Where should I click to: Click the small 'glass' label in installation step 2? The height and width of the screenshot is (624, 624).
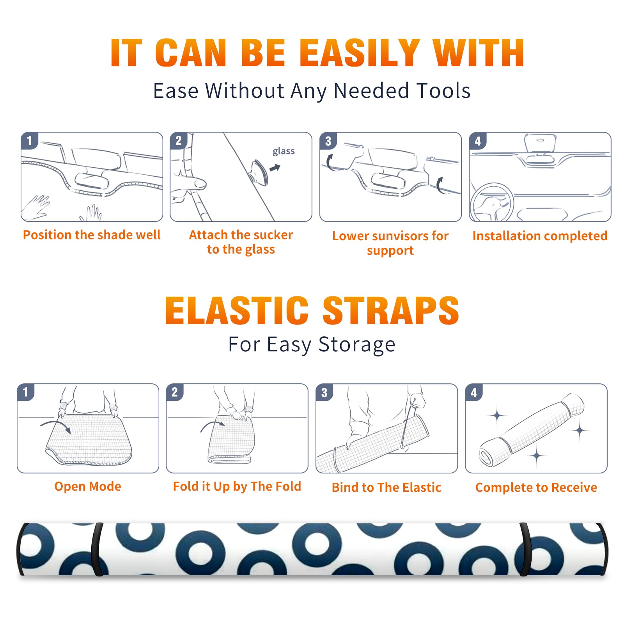[284, 151]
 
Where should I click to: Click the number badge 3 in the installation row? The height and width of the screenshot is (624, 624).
[328, 141]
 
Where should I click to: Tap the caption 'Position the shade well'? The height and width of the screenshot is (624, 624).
[92, 235]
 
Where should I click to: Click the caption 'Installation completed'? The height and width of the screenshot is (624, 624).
[540, 236]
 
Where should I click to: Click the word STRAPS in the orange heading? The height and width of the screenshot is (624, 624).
[391, 310]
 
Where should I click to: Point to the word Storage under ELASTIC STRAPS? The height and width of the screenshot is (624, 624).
[357, 345]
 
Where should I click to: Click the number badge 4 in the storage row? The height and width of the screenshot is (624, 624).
[473, 392]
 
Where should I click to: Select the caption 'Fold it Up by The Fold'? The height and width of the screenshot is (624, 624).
[237, 486]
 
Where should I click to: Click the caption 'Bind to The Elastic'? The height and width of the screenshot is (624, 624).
[386, 487]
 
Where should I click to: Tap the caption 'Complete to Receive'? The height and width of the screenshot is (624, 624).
[536, 487]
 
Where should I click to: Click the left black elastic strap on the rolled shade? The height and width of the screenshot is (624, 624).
[97, 549]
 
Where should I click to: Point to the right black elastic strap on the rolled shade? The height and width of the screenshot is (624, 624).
[525, 549]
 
